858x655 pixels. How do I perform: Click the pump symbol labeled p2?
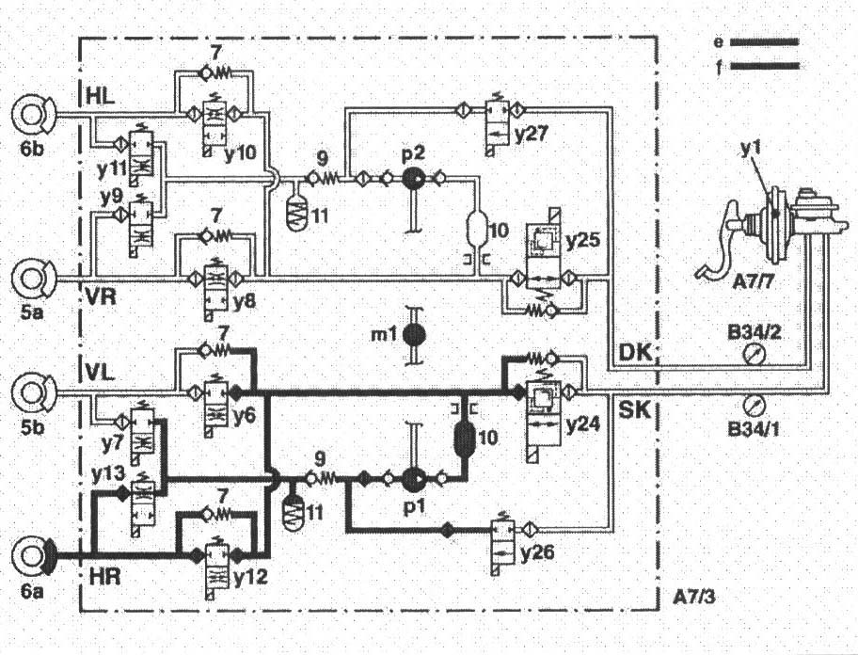[410, 178]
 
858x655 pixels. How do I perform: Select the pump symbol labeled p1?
[411, 480]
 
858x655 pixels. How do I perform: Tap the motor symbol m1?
[411, 334]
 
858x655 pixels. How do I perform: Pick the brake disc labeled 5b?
[34, 387]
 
